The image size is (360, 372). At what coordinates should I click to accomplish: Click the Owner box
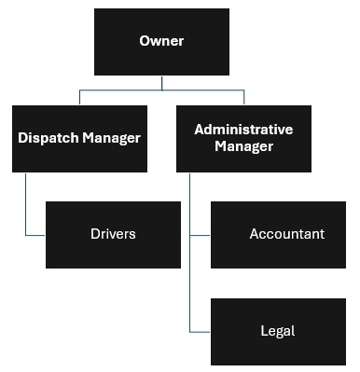point(161,42)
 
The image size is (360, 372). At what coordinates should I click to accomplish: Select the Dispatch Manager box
point(79,138)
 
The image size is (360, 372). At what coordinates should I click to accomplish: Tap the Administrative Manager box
point(243,138)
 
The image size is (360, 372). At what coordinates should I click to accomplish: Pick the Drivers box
point(113,234)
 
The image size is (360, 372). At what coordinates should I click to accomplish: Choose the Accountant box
point(278,234)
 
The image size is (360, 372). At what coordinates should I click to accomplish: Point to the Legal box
point(278,331)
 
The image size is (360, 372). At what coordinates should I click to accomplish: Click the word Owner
point(161,41)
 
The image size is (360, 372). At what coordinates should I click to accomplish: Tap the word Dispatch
point(47,138)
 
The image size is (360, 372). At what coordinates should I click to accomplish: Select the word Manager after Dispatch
point(109,138)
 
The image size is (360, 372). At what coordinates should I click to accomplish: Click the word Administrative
point(243,130)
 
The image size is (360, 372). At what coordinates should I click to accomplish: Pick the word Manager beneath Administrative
point(243,146)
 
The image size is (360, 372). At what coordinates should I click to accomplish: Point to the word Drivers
point(113,234)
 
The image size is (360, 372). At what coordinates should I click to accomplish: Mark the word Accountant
point(286,234)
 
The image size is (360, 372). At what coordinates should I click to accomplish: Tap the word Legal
point(278,331)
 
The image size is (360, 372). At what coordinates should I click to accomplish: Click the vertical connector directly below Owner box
point(162,83)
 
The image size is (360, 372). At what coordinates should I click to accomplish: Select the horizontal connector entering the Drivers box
point(35,235)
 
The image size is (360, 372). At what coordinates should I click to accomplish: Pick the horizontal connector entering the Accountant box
point(201,235)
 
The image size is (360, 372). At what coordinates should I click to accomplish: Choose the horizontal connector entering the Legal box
point(201,331)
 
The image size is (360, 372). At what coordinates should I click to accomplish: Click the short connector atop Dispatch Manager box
point(79,97)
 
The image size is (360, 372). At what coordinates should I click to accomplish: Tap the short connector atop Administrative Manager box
point(244,97)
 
